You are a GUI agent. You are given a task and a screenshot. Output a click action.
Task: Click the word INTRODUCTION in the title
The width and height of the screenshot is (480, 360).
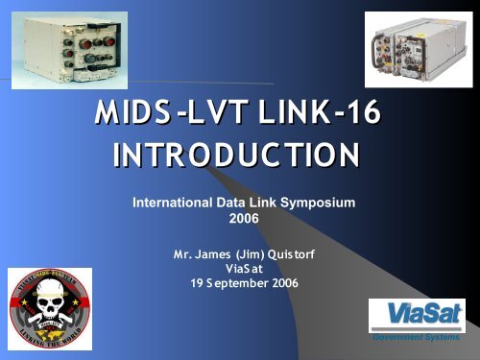(238, 156)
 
